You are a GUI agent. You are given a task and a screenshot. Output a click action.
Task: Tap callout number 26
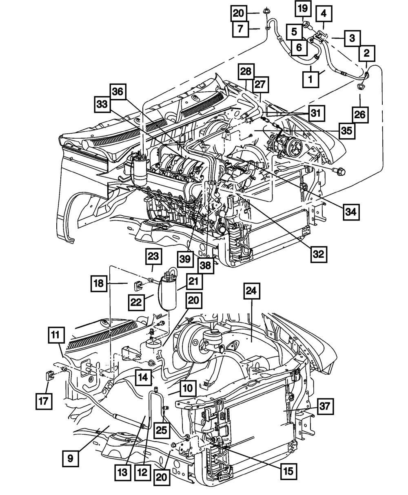pos(360,115)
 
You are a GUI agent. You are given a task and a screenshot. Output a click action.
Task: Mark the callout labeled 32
pos(319,254)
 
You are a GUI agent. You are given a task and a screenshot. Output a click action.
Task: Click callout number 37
pos(325,406)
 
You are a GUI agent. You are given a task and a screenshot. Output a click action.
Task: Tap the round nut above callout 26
pos(361,87)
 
